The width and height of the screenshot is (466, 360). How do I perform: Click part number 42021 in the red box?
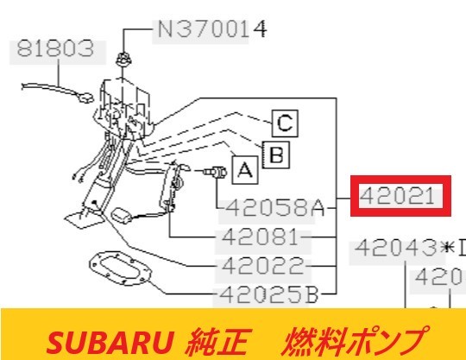(x=397, y=196)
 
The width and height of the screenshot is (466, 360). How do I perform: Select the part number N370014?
(x=212, y=29)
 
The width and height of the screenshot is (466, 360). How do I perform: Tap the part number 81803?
(x=55, y=49)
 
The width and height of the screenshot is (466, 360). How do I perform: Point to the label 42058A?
(x=274, y=207)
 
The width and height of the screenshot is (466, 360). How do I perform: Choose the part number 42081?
(x=260, y=237)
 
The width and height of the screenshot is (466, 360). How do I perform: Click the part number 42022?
(x=262, y=267)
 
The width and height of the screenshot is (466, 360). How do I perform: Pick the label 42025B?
(x=268, y=294)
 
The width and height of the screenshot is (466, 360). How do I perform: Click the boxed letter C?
(x=286, y=123)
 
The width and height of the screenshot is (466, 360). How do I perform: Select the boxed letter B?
(x=276, y=155)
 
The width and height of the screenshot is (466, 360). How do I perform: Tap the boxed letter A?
(x=245, y=171)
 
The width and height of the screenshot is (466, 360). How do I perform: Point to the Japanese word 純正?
(x=218, y=342)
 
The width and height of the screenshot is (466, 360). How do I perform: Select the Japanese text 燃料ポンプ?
(x=356, y=341)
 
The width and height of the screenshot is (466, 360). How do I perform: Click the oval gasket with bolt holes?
(x=120, y=269)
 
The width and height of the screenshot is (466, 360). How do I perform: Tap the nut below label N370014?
(x=123, y=60)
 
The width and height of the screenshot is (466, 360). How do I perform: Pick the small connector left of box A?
(x=216, y=173)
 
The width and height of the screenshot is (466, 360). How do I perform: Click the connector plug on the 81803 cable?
(x=85, y=98)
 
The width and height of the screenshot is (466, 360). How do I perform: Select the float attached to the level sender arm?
(x=122, y=215)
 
